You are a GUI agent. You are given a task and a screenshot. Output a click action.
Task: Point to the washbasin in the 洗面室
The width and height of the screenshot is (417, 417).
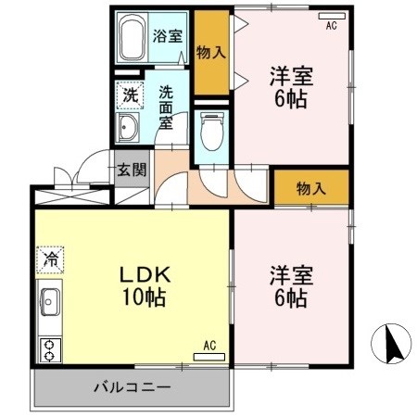point(131,127)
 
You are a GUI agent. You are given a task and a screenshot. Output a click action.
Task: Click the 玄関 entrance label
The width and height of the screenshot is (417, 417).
point(132,170)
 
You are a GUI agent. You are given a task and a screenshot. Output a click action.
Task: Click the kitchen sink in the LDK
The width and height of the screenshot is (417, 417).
point(49,303)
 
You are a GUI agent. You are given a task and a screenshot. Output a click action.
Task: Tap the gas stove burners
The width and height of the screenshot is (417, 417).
point(48,349)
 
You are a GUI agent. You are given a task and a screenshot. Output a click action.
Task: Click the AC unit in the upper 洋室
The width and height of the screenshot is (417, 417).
point(331,18)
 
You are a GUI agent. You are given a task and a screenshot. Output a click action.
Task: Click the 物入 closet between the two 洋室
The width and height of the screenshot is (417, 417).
point(311,188)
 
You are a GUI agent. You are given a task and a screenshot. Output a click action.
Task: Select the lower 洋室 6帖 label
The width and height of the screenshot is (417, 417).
point(290,286)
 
